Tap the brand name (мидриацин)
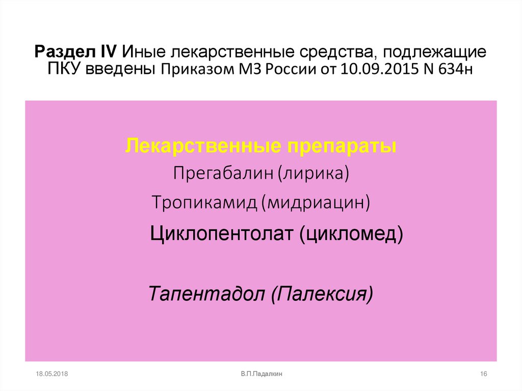point(316,202)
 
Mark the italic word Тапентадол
point(206,294)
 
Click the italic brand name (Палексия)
point(322,294)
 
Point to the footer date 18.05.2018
point(52,374)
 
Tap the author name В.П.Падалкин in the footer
point(262,374)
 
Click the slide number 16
point(484,374)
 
